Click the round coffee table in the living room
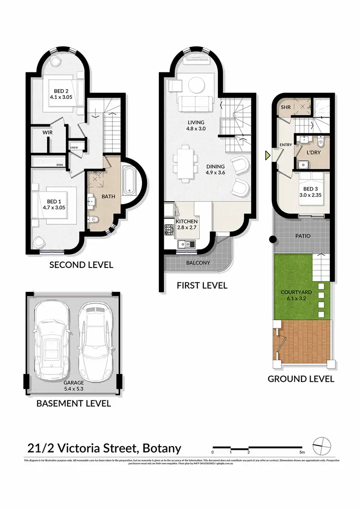[195, 85]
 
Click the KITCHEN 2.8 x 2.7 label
[187, 224]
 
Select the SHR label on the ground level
[286, 107]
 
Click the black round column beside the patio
[272, 239]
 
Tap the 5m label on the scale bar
[301, 452]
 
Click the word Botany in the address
[161, 449]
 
